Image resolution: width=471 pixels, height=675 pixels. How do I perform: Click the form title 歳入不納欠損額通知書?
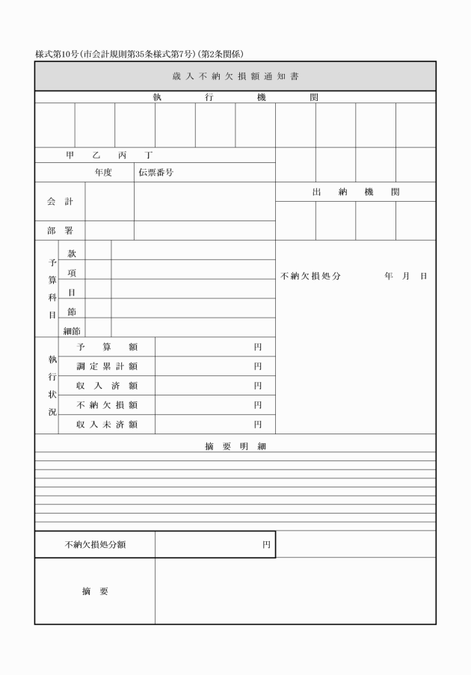pos(235,76)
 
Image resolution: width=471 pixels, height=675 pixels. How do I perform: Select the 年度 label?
pos(103,173)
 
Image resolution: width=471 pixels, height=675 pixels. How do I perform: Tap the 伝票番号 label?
pos(156,173)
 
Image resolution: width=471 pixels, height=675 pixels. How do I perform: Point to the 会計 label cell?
pos(60,202)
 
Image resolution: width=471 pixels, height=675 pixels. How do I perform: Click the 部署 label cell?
pos(60,231)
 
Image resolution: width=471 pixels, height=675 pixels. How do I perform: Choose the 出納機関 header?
pos(355,192)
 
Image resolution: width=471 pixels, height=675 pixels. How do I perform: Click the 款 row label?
pos(72,254)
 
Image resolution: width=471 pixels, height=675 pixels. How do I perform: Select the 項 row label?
pos(72,274)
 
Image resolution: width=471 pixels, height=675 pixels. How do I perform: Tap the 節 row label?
pos(72,312)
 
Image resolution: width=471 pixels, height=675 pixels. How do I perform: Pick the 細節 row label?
pos(72,330)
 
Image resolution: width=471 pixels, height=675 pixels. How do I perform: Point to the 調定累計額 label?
pos(107,367)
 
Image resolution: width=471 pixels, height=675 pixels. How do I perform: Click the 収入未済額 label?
pos(107,425)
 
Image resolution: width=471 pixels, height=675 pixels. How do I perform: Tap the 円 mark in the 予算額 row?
pos(258,348)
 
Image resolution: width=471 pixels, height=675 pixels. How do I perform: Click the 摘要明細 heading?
pos(235,446)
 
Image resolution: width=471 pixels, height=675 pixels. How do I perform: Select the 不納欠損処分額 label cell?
pos(95,545)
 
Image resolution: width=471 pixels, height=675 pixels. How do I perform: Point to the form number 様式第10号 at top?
pos(52,54)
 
